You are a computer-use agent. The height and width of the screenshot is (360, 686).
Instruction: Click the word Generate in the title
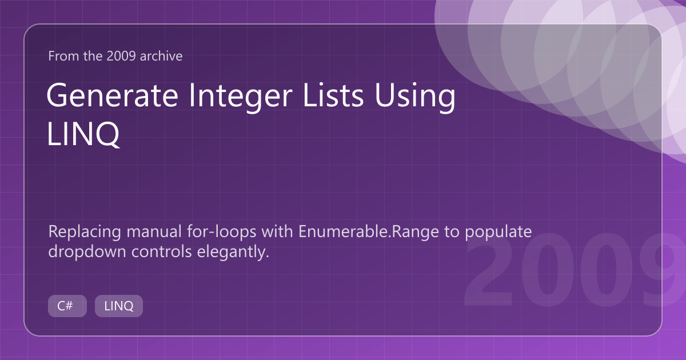point(113,95)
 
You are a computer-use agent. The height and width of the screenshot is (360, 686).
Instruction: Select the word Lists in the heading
point(333,95)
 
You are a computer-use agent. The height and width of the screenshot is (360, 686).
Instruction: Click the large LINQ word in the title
point(83,134)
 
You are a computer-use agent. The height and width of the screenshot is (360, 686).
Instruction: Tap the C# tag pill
point(67,306)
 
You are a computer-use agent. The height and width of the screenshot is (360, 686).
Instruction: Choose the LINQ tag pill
point(119,306)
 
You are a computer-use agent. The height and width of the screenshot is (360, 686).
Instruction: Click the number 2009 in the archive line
point(121,56)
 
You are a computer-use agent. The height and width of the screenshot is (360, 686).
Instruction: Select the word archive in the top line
point(161,56)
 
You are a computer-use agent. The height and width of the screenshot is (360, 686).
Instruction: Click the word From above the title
point(63,56)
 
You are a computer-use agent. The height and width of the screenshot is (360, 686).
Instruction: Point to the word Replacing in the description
point(85,233)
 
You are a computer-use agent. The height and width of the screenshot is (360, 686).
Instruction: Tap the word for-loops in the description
point(221,232)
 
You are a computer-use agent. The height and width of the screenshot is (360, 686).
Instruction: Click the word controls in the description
point(161,252)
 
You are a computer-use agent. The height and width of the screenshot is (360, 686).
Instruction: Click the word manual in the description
point(154,232)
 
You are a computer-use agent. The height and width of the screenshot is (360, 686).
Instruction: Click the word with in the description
point(277,232)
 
